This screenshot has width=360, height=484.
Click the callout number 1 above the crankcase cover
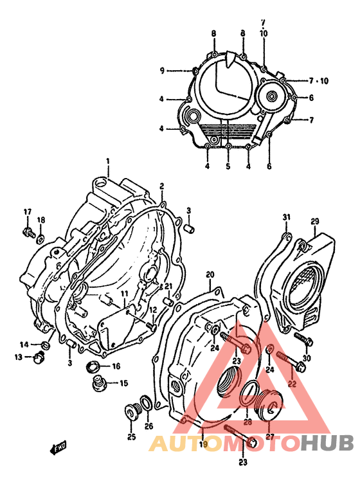pos(108,161)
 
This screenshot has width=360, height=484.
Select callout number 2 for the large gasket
pos(162,186)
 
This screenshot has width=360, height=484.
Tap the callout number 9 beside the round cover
pos(163,71)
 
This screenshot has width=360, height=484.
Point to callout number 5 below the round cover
pos(228,167)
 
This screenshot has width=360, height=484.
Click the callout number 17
pos(28,212)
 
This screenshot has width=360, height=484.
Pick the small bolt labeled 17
pos(28,232)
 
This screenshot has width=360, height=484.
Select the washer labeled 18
pos(40,239)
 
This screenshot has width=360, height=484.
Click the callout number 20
pos(210,275)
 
